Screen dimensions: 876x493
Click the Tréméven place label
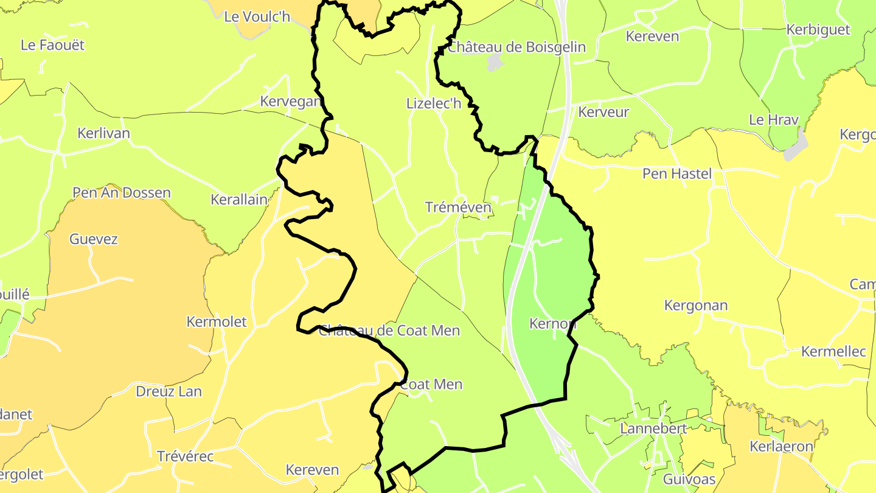click(x=458, y=208)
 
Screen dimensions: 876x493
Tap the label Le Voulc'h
click(x=257, y=17)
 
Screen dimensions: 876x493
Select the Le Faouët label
click(x=52, y=45)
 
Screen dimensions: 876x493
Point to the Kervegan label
click(x=290, y=102)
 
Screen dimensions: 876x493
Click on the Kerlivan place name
click(x=103, y=133)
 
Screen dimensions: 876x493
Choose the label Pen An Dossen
click(x=122, y=193)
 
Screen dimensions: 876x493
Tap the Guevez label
click(x=93, y=239)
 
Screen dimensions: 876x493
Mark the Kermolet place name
click(x=217, y=322)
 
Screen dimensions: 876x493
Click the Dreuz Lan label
click(x=169, y=391)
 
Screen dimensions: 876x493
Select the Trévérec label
click(x=187, y=456)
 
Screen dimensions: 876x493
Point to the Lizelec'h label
click(x=434, y=104)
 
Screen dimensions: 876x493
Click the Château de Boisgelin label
click(x=516, y=47)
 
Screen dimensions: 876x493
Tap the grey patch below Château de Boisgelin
click(x=495, y=62)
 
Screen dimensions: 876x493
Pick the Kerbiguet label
click(x=818, y=30)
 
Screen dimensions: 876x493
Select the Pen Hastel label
click(x=677, y=174)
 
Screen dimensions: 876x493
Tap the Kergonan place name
click(x=695, y=306)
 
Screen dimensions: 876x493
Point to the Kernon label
click(x=552, y=324)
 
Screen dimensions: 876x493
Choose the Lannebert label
click(x=653, y=428)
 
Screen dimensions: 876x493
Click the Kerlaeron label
click(x=781, y=447)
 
